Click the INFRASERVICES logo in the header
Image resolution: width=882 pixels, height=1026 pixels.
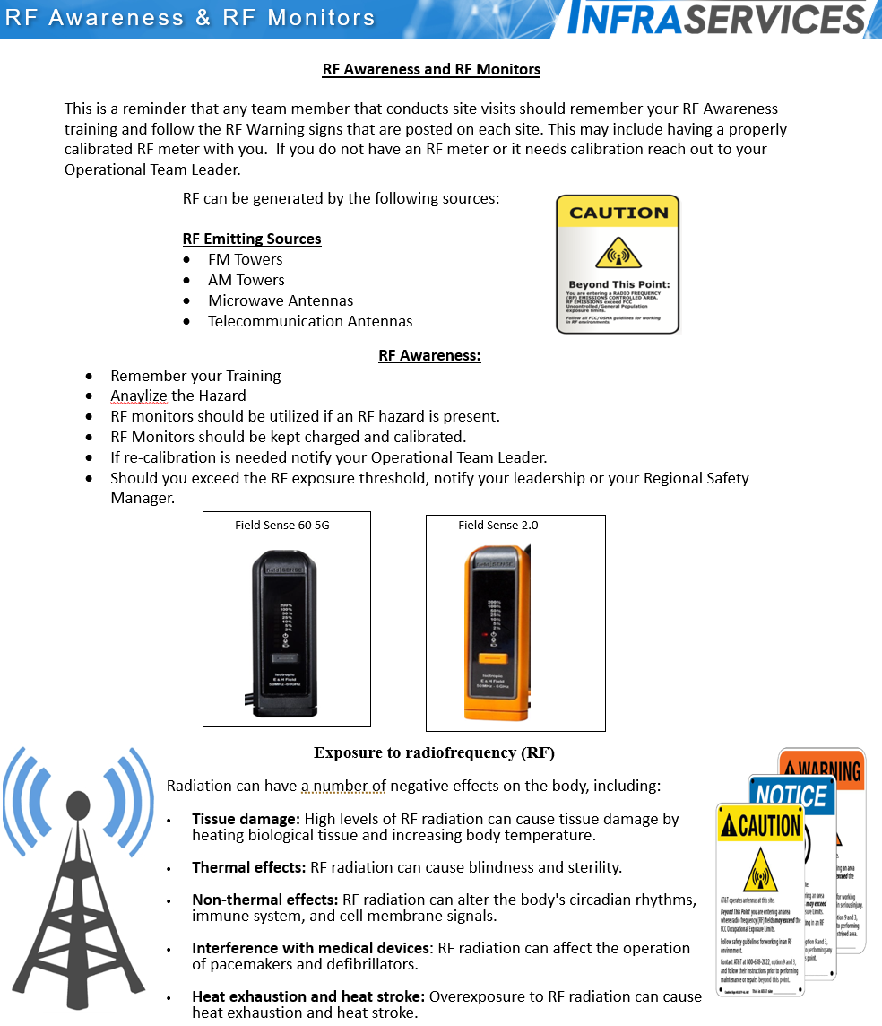(717, 19)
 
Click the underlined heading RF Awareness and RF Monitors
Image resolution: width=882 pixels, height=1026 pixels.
(431, 69)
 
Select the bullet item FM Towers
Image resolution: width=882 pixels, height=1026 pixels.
(245, 259)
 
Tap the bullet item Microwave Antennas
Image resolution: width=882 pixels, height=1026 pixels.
(281, 300)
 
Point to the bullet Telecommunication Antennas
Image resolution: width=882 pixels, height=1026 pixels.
(310, 321)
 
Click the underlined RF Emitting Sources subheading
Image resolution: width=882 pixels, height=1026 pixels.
(252, 239)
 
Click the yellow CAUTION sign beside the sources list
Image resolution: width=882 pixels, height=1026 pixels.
(618, 265)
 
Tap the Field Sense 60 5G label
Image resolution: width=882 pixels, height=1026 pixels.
(282, 525)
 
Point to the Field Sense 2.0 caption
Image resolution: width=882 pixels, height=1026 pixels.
(498, 525)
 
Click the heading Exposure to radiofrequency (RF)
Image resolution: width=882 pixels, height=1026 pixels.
(440, 752)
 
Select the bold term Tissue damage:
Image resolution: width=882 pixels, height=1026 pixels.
(246, 819)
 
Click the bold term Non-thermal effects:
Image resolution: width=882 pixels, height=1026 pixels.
(264, 900)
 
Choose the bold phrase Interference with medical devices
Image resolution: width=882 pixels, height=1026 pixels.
(310, 948)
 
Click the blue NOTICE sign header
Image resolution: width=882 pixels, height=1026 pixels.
(791, 796)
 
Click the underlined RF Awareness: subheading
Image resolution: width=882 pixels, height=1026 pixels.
(429, 355)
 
